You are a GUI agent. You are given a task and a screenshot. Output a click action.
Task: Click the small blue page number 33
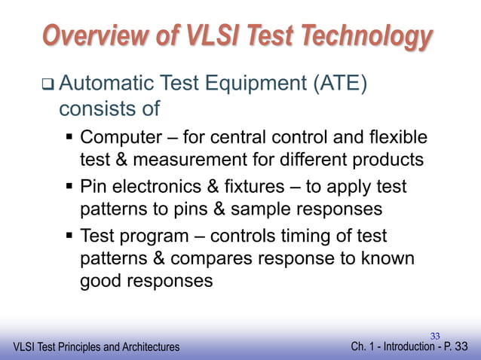pyautogui.click(x=435, y=334)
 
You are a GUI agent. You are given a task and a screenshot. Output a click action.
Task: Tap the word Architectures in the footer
pyautogui.click(x=146, y=347)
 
